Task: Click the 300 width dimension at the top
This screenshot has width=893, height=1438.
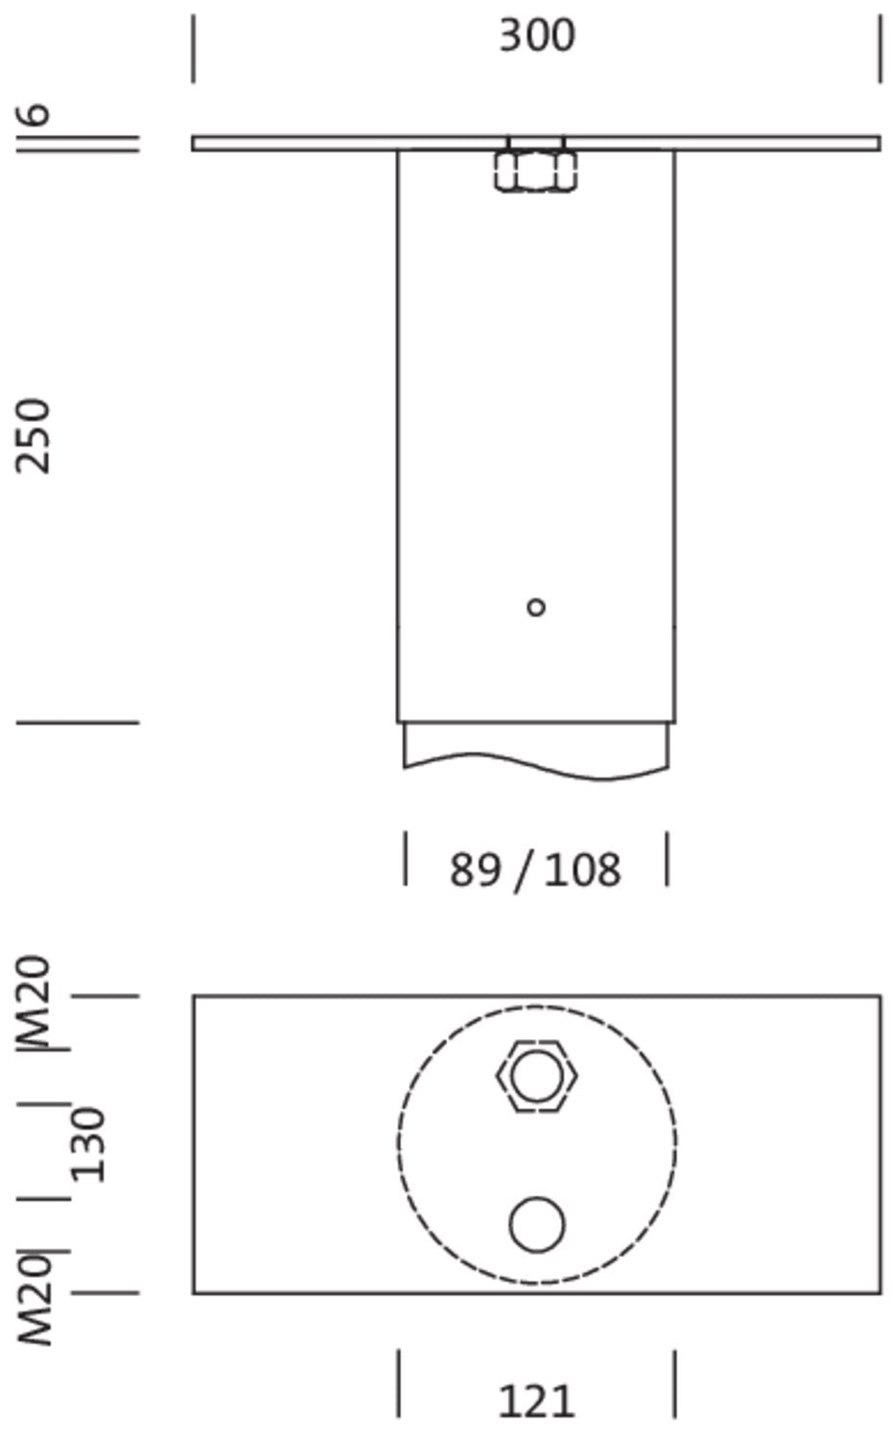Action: click(x=537, y=36)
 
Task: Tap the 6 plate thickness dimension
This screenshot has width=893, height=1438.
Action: click(x=32, y=114)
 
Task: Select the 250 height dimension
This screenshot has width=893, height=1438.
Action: click(x=33, y=436)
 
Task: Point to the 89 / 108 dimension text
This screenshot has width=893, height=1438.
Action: click(x=535, y=870)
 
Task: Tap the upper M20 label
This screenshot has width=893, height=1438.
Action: click(x=33, y=1002)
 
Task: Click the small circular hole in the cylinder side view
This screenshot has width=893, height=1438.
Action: click(x=536, y=607)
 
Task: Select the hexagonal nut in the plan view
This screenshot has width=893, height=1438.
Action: click(x=536, y=1076)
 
